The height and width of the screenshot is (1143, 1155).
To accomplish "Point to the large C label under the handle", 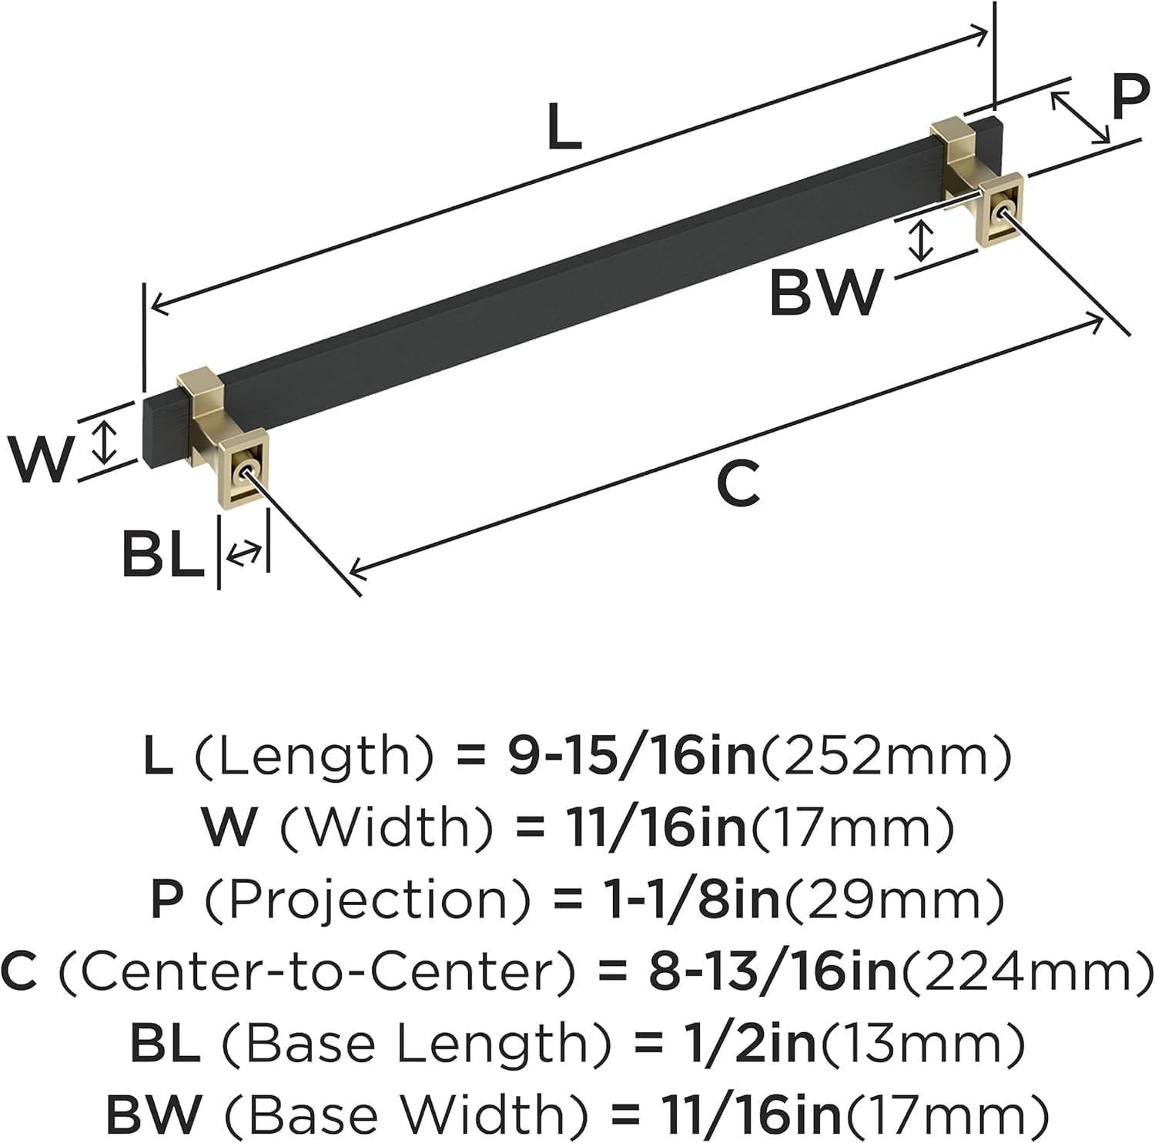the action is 738,484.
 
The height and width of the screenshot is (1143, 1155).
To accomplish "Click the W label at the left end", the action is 40,459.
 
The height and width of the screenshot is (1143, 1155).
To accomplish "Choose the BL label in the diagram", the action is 162,555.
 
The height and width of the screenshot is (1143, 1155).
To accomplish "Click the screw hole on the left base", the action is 248,470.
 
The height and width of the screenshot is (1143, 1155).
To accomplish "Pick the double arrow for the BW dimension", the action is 920,239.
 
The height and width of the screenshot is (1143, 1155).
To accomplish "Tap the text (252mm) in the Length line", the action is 885,757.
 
